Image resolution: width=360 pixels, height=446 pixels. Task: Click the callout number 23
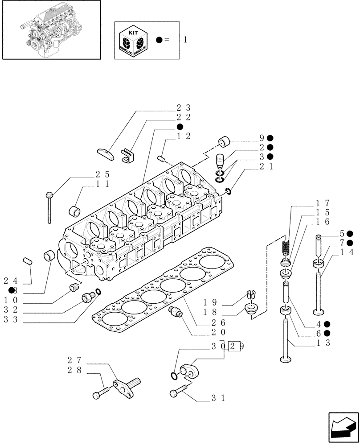coord(183,107)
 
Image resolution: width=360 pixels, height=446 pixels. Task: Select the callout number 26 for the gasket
coord(219,322)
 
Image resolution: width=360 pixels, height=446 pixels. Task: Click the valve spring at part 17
coord(287,247)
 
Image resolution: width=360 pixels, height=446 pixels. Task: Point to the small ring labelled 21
coord(228,191)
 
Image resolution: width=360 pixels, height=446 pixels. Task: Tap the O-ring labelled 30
coord(174,376)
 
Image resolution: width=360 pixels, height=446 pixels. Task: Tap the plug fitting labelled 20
coord(176,312)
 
